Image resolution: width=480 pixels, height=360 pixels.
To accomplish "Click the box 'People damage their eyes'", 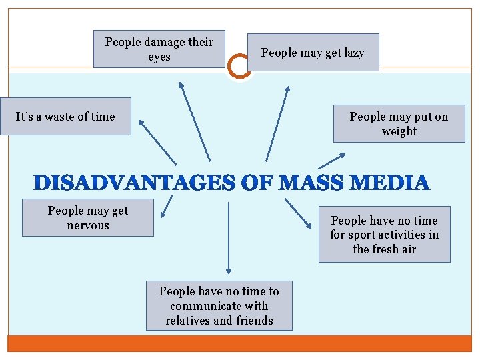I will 159,49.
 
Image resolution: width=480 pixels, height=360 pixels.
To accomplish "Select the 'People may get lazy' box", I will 313,53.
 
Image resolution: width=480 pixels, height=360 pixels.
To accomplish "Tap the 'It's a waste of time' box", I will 65,117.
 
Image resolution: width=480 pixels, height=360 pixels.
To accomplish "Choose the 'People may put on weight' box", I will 399,124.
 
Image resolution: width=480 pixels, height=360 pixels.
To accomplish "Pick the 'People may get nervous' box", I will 88,218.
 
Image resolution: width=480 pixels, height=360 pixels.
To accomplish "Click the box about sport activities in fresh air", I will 384,235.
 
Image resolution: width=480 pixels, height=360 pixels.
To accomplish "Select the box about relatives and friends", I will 219,306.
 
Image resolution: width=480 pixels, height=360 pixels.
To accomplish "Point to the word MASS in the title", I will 307,183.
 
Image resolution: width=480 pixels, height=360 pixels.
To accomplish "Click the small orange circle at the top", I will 239,66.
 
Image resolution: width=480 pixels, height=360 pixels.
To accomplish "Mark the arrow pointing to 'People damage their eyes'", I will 194,121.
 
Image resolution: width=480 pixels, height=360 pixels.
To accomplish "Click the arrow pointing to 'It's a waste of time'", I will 157,141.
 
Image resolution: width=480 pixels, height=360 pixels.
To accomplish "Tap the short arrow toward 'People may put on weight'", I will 332,161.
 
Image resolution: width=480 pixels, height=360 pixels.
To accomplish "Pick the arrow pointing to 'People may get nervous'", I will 167,206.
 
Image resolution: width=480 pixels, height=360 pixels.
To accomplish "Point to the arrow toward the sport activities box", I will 297,213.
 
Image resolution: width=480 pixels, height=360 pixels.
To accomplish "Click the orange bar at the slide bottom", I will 239,343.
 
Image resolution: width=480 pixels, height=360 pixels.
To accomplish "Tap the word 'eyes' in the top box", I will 159,57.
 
